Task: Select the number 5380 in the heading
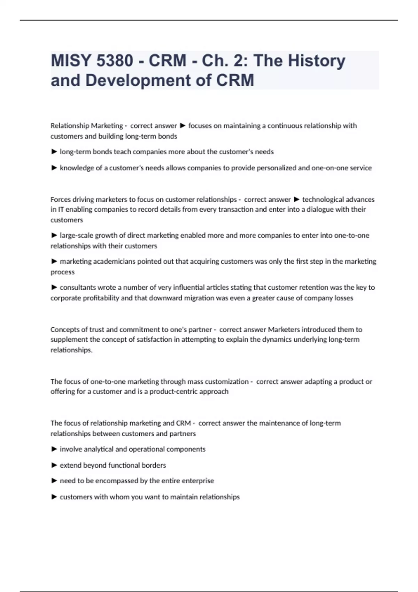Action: pyautogui.click(x=115, y=61)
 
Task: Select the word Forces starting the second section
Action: pyautogui.click(x=60, y=200)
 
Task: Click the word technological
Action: pyautogui.click(x=323, y=200)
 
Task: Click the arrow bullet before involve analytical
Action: pyautogui.click(x=54, y=449)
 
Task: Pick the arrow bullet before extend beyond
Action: pyautogui.click(x=54, y=465)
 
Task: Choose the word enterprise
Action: pyautogui.click(x=198, y=481)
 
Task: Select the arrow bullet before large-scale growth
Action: pyautogui.click(x=54, y=235)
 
